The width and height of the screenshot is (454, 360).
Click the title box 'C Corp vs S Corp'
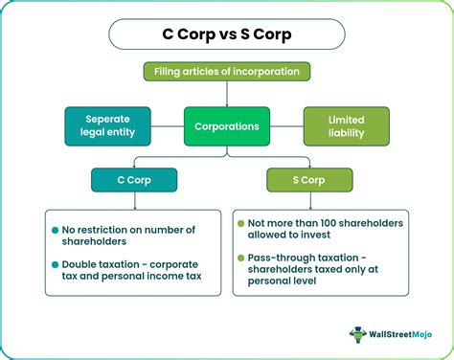227,35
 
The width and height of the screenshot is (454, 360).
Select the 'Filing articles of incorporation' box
227,71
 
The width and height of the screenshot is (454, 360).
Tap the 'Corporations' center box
227,125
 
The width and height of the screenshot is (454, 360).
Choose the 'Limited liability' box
347,125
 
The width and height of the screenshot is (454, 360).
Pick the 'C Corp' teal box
133,179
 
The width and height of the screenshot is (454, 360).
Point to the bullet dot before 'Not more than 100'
240,223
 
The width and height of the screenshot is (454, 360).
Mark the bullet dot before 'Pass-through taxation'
240,258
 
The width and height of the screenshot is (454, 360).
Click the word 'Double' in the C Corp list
83,262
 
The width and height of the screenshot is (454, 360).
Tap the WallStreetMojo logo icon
357,334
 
